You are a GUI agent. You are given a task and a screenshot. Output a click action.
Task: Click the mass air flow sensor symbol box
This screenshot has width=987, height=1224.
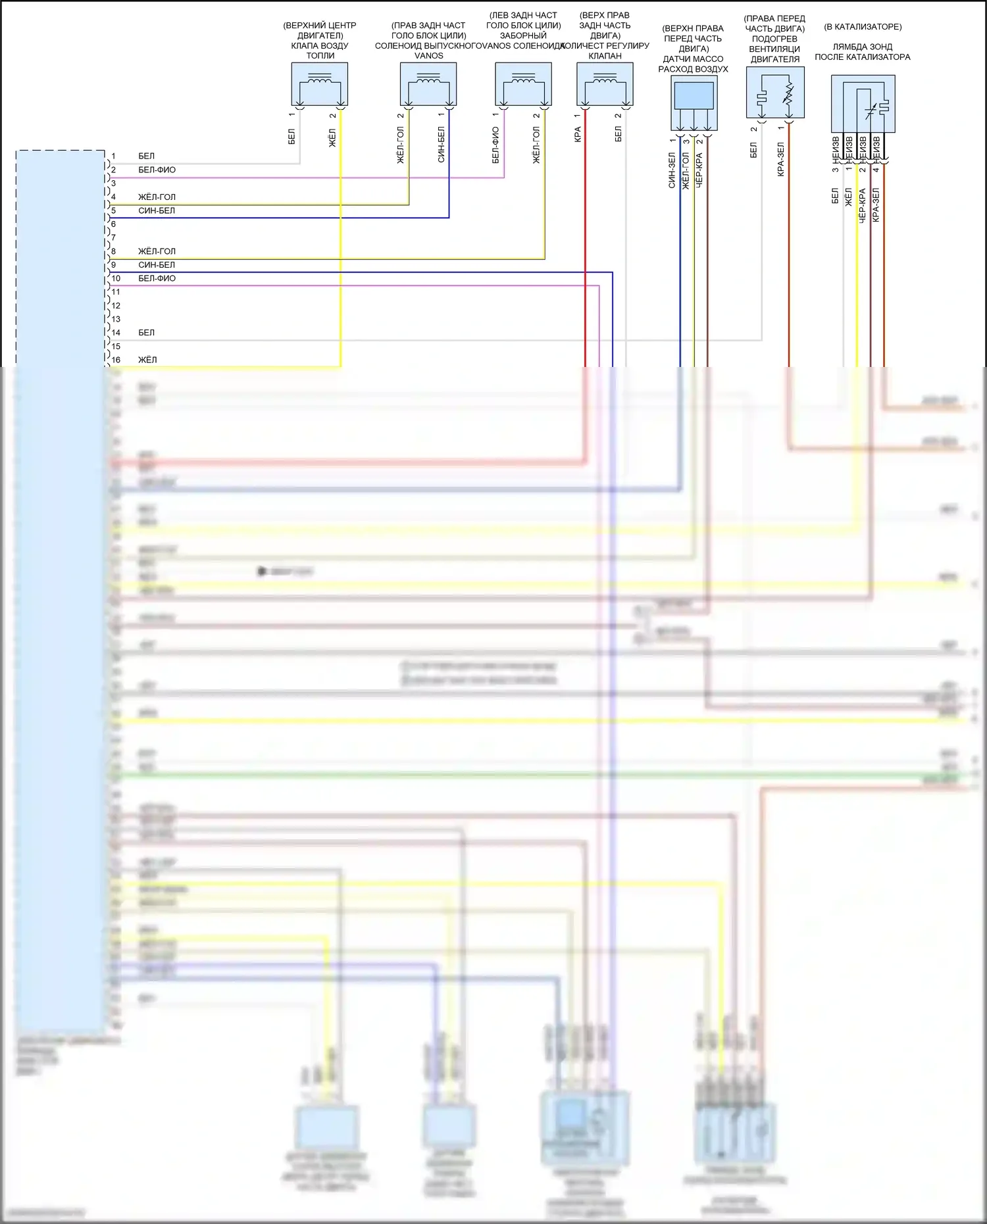[x=694, y=103]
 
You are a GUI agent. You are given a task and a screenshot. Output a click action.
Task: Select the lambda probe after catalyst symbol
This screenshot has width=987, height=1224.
[x=863, y=104]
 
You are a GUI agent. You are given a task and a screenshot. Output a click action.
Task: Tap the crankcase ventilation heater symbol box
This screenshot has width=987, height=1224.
[x=775, y=92]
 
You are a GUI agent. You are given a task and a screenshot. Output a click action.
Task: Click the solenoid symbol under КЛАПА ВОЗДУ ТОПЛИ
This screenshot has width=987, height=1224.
[x=319, y=84]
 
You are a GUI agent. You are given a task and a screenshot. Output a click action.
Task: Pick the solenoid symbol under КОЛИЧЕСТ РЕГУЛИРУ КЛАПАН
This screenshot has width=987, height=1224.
[x=605, y=84]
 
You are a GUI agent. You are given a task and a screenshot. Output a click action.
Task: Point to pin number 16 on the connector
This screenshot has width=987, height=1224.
[x=116, y=360]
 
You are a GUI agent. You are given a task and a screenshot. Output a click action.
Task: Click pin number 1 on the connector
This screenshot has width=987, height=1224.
[x=113, y=156]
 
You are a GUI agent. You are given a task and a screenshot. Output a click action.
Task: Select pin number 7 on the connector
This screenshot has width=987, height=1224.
[x=113, y=237]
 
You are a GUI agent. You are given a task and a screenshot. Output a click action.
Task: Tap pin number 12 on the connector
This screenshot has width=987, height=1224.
[x=116, y=305]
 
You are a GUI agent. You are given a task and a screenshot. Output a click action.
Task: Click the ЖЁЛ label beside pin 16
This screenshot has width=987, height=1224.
[x=147, y=360]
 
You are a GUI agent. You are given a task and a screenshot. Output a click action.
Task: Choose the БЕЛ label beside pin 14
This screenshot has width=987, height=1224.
[x=146, y=333]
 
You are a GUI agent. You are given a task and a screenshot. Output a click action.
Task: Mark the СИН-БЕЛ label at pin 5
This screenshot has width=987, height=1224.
[x=157, y=210]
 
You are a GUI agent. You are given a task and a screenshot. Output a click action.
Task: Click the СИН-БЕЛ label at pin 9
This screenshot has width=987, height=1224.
[x=157, y=265]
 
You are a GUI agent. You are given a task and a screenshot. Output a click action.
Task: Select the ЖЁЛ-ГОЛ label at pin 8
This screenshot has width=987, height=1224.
[x=157, y=251]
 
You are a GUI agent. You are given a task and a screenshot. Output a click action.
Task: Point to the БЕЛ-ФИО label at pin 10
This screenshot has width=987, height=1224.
[x=157, y=278]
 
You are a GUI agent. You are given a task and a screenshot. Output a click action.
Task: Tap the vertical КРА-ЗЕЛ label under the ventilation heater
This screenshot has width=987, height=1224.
[x=781, y=159]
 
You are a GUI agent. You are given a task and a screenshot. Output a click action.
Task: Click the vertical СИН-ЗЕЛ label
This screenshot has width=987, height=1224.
[x=672, y=170]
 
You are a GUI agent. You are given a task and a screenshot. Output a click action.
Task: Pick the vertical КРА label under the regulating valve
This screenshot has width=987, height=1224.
[x=578, y=135]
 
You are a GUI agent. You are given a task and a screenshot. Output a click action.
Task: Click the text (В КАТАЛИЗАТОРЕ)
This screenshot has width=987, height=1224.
[x=863, y=27]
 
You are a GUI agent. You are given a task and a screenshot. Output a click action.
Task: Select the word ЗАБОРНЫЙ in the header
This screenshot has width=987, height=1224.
[x=523, y=36]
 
